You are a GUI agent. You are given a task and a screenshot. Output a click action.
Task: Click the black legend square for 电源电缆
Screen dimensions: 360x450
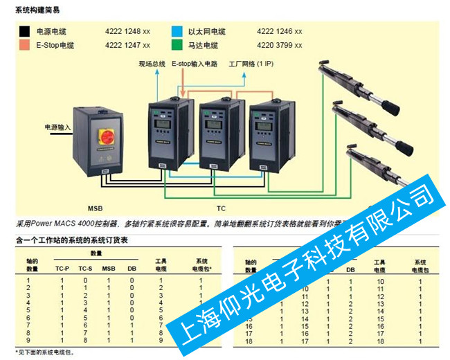24,32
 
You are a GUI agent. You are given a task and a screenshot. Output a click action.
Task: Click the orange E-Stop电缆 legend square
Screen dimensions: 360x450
24,46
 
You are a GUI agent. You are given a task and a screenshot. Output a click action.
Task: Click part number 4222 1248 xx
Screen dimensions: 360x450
127,32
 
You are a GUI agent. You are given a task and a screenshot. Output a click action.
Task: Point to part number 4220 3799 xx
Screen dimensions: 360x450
280,46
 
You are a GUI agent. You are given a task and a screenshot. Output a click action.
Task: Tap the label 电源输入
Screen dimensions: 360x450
57,127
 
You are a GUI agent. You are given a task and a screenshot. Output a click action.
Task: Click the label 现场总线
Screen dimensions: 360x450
152,64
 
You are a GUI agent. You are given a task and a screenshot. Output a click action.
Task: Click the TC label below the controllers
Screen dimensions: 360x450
221,208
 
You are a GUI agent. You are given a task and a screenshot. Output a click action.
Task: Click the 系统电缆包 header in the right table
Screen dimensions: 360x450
419,266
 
